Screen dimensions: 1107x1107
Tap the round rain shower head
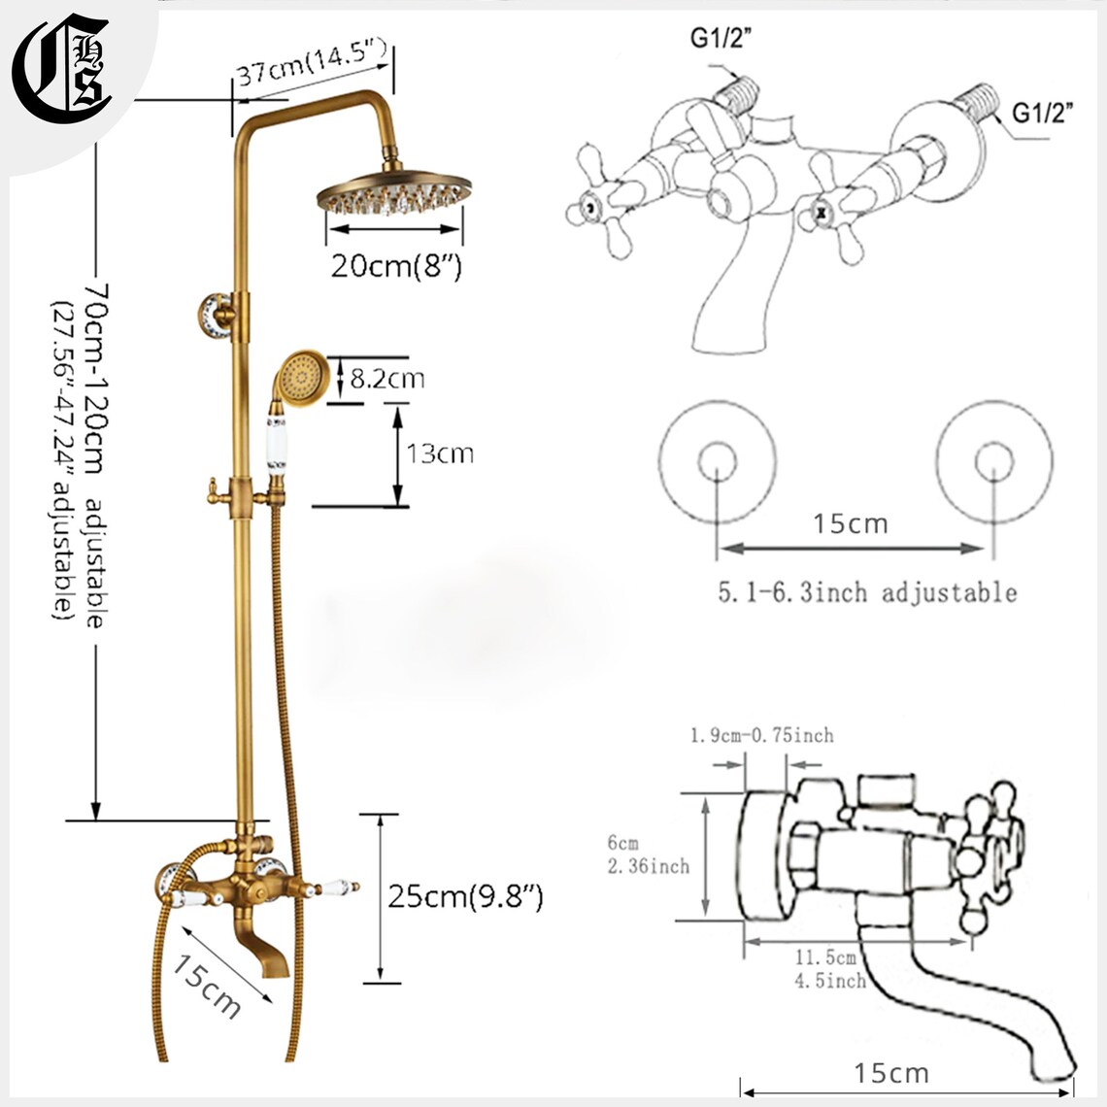tap(394, 189)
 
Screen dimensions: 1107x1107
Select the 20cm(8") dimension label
tap(396, 266)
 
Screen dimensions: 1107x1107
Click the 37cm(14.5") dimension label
tap(312, 63)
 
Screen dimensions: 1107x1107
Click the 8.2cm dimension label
tap(386, 379)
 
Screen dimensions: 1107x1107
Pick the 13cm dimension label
tap(439, 453)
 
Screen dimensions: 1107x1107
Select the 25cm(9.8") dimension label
tap(465, 896)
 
